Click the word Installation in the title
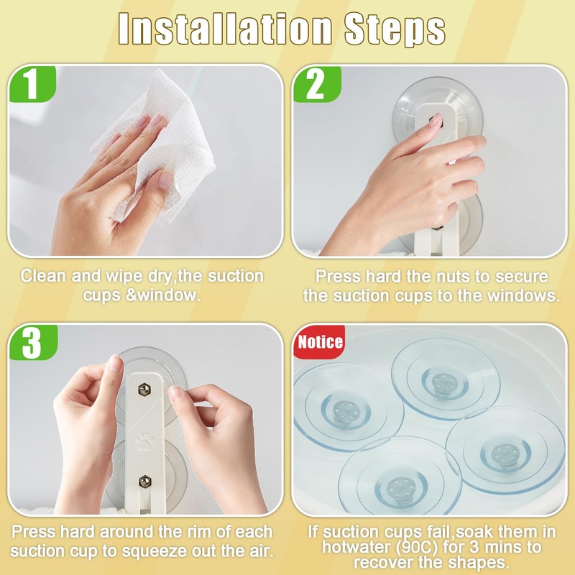coord(225,29)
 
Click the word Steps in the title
coord(395,29)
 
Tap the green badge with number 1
coord(32,84)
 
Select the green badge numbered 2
coord(317,84)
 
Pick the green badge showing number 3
coord(33,342)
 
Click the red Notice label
coord(320,342)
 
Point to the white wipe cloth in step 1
coord(161,143)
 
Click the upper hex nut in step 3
coord(144,390)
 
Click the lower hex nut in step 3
coord(145,481)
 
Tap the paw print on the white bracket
coord(145,441)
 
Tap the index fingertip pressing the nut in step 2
coord(436,119)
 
